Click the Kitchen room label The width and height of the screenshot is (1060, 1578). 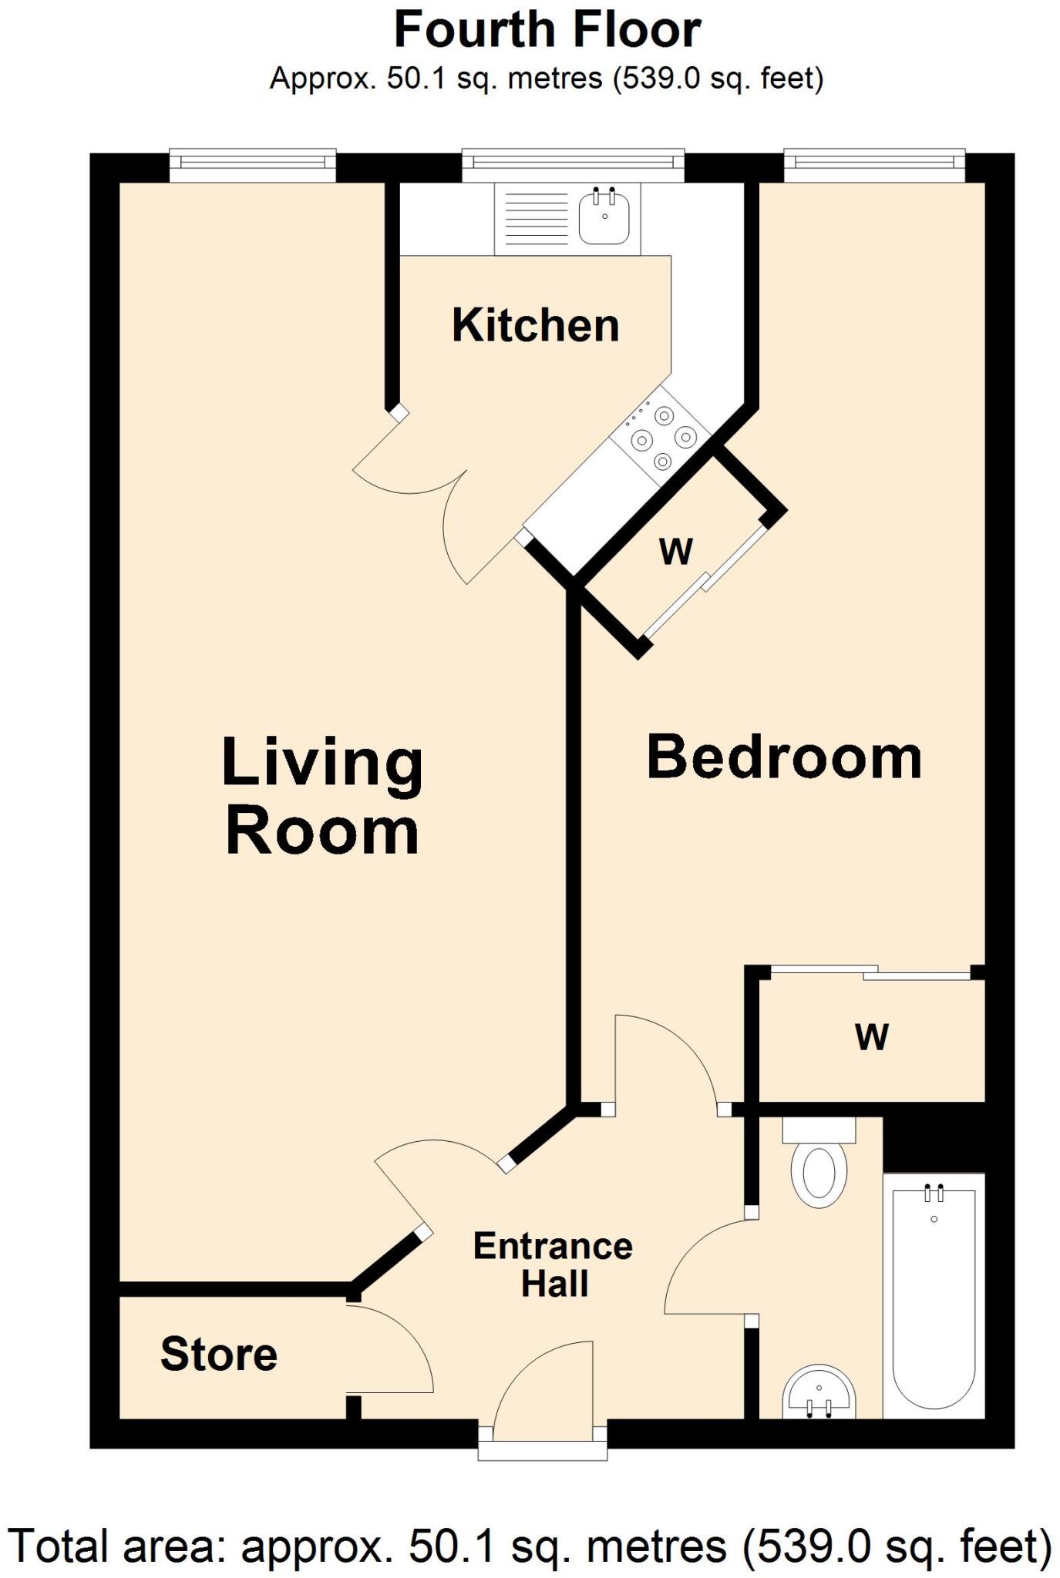click(536, 325)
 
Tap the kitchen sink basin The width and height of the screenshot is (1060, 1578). click(604, 217)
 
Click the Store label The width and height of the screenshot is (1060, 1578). click(219, 1354)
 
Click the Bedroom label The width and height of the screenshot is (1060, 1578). click(784, 757)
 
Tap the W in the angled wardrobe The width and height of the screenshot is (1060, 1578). click(676, 552)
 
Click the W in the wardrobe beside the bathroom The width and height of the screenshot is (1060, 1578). click(872, 1037)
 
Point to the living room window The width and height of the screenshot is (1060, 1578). click(253, 164)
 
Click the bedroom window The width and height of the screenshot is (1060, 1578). click(874, 164)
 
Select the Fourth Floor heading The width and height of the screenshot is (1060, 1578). click(547, 31)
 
